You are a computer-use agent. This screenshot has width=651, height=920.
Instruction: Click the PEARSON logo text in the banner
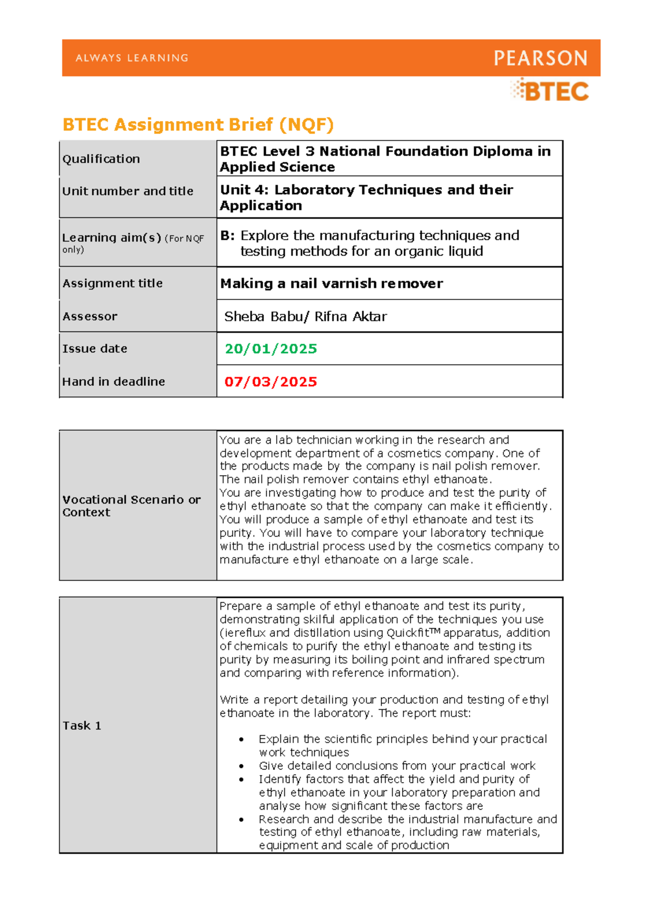(540, 58)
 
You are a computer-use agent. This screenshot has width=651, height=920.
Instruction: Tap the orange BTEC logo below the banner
(551, 91)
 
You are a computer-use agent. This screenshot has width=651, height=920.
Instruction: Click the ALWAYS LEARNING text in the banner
(132, 58)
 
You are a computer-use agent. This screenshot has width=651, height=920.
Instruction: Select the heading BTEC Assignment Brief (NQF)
(198, 125)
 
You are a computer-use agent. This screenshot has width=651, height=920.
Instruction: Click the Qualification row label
(101, 159)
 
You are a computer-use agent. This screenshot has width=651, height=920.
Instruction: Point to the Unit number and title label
(127, 191)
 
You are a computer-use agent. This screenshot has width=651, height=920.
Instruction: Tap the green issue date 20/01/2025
(271, 349)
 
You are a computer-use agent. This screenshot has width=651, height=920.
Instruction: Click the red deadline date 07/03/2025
(271, 382)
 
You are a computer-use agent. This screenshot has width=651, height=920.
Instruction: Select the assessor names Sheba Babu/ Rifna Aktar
(305, 317)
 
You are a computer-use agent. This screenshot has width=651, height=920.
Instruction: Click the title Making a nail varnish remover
(331, 284)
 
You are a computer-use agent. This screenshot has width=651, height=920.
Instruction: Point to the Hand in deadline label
(113, 382)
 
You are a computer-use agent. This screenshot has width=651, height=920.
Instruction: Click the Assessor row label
(90, 317)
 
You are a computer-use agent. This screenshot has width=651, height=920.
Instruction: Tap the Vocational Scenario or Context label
(131, 506)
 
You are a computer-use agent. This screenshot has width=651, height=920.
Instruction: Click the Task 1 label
(82, 726)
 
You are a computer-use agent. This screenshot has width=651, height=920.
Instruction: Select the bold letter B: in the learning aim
(227, 236)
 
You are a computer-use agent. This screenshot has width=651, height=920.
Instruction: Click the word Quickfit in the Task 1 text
(407, 633)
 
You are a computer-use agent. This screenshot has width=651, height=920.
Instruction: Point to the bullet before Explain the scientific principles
(241, 739)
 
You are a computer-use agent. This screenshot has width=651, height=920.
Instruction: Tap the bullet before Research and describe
(241, 820)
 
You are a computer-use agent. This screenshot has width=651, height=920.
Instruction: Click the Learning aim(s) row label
(111, 238)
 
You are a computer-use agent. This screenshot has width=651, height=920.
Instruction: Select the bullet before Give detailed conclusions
(241, 766)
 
